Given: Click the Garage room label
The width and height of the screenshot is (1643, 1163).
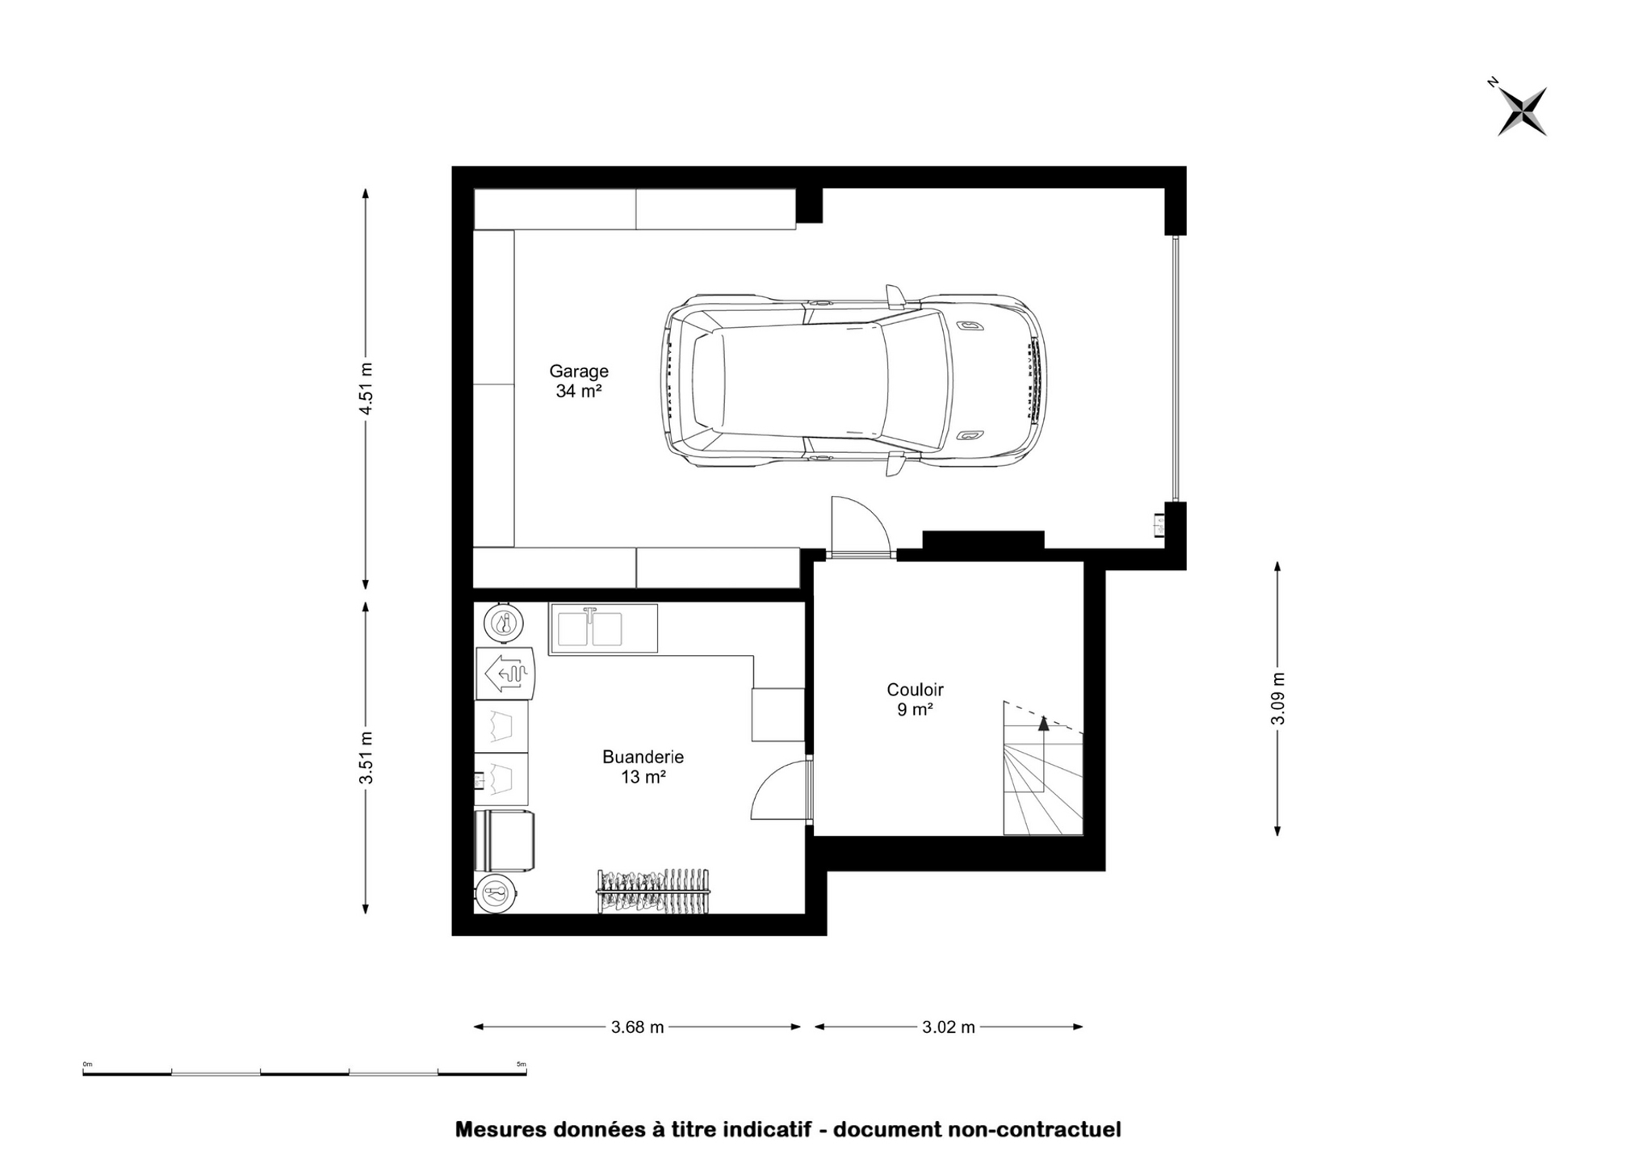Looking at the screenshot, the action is point(579,372).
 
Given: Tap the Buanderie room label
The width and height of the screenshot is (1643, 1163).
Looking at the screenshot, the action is point(643,758).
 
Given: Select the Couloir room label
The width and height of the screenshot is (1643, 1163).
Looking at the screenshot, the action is point(915,690).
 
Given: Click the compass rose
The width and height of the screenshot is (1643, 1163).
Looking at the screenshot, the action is point(1521,111).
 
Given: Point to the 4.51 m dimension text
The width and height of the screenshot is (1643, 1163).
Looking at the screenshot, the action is point(367,388).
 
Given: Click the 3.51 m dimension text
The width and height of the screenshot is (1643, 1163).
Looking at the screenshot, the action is point(367,758).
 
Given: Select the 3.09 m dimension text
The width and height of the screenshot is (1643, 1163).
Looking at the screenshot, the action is point(1278,698).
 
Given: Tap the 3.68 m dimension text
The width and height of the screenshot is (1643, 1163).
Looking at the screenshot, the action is point(637,1027).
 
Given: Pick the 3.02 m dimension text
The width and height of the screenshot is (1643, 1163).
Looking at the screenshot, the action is point(948,1027).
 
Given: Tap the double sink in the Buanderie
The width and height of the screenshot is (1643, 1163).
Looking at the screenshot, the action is point(603,628).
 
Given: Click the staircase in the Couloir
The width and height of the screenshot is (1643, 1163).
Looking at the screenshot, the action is point(1042,768).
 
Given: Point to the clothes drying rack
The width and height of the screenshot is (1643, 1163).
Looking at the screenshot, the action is point(653,892).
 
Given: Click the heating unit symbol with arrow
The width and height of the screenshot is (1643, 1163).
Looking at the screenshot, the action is point(505,673).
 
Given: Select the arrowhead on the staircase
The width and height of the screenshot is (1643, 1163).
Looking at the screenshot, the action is point(1043,722).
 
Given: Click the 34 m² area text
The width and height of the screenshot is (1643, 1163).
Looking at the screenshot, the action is point(579,392).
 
